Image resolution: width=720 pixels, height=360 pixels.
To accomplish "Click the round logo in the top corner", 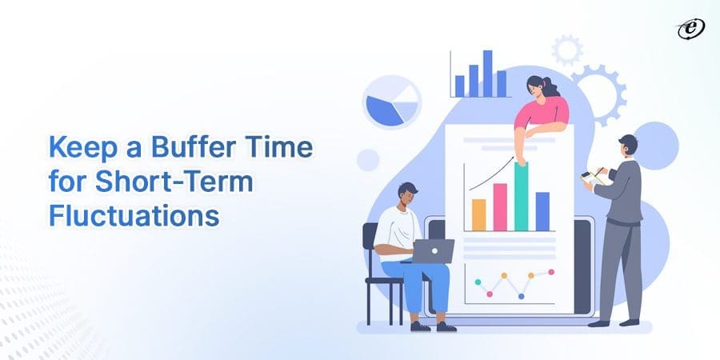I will [689, 29].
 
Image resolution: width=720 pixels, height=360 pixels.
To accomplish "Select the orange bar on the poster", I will [478, 214].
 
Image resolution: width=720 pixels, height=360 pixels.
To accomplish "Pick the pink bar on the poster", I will [500, 206].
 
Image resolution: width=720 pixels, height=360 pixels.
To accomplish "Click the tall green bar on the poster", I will [522, 196].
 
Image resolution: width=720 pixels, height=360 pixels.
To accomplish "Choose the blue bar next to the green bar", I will [542, 210].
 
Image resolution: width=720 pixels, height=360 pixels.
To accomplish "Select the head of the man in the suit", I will [628, 146].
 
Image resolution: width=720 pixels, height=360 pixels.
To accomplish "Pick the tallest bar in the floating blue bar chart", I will [487, 74].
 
